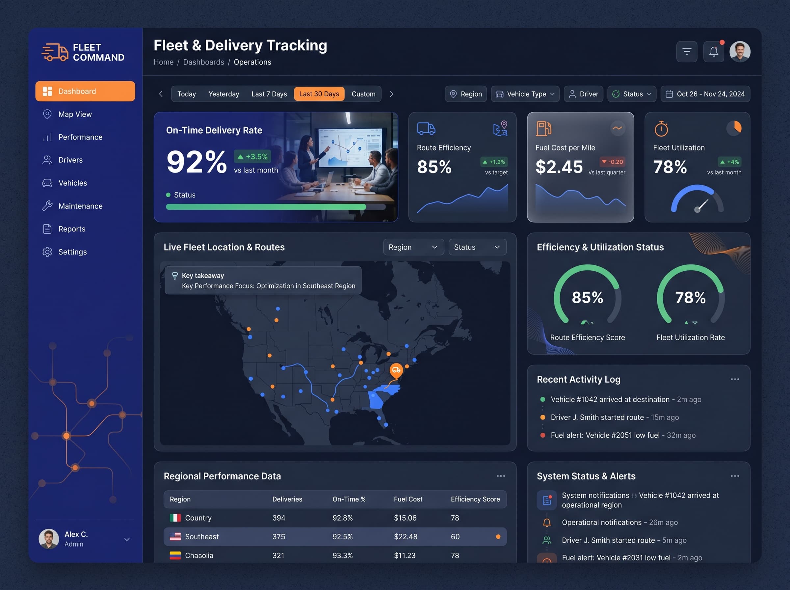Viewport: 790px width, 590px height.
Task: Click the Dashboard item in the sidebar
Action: point(85,91)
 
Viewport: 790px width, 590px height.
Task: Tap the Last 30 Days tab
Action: point(319,94)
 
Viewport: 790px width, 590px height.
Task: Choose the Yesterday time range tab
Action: point(224,94)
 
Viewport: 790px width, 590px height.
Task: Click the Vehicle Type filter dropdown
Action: point(525,94)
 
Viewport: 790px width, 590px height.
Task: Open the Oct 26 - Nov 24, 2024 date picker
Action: point(705,94)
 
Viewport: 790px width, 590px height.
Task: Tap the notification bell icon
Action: point(714,52)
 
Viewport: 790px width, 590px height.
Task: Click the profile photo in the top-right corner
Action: point(740,52)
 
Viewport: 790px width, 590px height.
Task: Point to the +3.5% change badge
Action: point(253,156)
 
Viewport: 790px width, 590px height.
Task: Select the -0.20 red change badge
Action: point(613,162)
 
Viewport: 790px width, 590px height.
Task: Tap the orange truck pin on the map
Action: point(396,370)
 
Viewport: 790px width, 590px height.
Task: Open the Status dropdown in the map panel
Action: point(477,247)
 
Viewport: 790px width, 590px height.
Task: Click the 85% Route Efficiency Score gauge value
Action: point(587,297)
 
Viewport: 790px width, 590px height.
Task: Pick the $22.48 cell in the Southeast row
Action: point(406,536)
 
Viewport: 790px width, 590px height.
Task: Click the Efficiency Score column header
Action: point(475,499)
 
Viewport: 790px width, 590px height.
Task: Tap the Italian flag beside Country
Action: point(175,518)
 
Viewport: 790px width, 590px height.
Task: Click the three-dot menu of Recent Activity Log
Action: point(735,379)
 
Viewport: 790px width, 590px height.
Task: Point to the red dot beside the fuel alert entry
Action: point(542,435)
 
